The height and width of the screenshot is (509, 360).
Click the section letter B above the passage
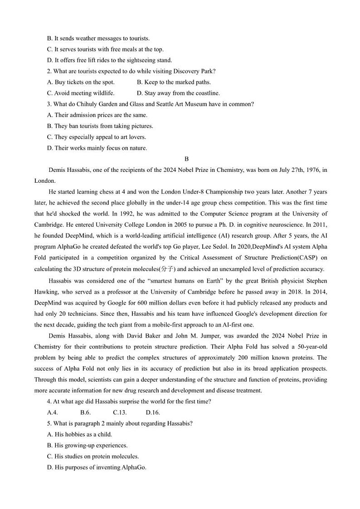point(186,159)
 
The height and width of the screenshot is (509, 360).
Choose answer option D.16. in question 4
point(153,412)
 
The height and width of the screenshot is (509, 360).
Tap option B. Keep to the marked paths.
point(174,82)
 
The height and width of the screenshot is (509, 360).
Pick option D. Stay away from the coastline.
point(178,93)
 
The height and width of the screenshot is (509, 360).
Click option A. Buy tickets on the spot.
point(81,82)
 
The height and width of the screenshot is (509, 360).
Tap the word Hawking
point(47,292)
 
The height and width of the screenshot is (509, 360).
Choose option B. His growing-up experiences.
point(87,445)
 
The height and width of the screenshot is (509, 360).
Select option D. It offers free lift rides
point(109,60)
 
